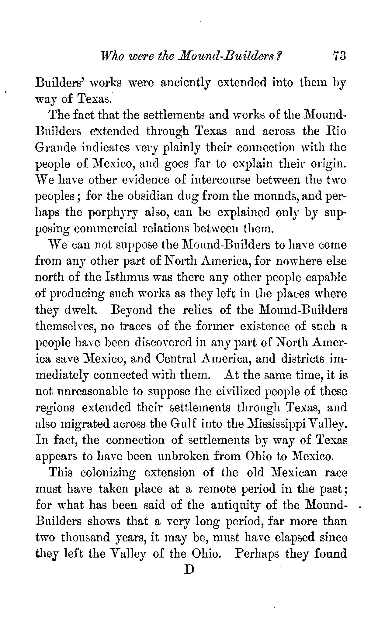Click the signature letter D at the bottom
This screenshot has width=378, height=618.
189,569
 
